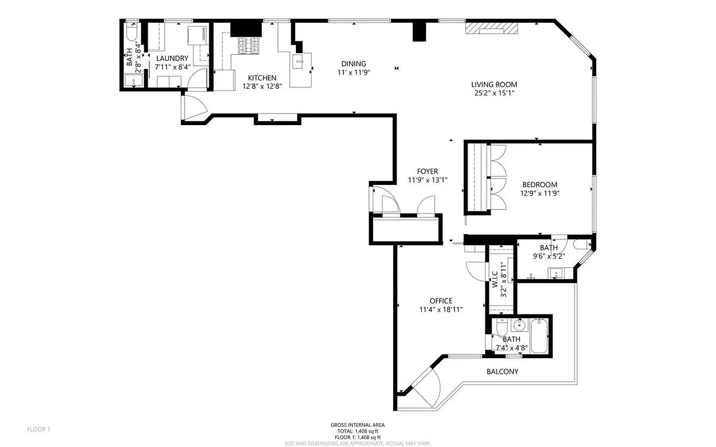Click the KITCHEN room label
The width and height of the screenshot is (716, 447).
262,78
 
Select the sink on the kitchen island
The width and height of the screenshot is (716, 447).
297,60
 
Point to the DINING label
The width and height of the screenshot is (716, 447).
354,64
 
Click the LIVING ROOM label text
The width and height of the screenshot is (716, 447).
494,84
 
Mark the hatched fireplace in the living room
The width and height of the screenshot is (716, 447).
492,29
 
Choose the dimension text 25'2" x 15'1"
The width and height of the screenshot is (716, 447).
494,93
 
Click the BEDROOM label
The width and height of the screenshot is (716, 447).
539,185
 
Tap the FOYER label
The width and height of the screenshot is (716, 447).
427,172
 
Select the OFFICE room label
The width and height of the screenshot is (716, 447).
441,301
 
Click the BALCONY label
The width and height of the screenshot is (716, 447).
502,372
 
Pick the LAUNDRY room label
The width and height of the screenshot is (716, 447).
172,58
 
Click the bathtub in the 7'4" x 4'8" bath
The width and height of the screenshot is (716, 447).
539,335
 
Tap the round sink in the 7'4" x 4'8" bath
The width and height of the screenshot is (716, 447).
520,326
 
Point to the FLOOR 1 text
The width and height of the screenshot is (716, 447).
39,429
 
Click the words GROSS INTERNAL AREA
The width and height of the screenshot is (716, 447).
357,425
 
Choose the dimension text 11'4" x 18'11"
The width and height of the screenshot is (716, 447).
441,310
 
